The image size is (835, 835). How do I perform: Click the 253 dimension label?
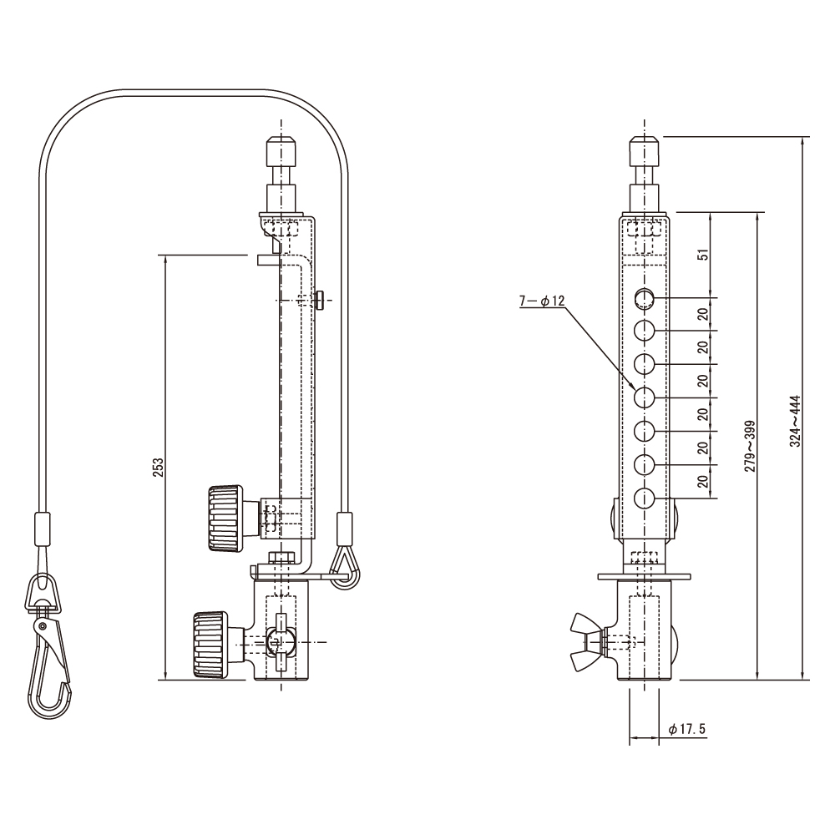click(x=159, y=467)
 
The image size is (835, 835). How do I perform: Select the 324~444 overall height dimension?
click(x=795, y=421)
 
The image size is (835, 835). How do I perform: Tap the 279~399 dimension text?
click(x=750, y=446)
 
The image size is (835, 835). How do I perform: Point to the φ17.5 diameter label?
click(x=686, y=729)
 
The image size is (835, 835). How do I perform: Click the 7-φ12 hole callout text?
click(x=542, y=301)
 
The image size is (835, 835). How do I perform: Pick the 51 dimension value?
click(x=704, y=255)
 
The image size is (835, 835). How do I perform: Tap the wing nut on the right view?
click(x=586, y=641)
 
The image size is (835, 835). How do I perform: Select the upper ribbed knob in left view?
click(x=225, y=519)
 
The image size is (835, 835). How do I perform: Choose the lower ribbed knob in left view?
click(x=210, y=645)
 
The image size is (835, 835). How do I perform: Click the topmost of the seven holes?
click(x=645, y=298)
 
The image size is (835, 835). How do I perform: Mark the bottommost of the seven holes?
click(x=645, y=498)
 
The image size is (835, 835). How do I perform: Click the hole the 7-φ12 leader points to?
click(x=645, y=397)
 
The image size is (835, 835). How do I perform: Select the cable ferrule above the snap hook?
click(x=43, y=529)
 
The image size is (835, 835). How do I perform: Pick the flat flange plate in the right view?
click(x=645, y=577)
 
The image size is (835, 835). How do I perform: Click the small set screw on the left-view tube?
click(x=319, y=300)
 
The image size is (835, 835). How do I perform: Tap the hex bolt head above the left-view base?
click(x=281, y=558)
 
